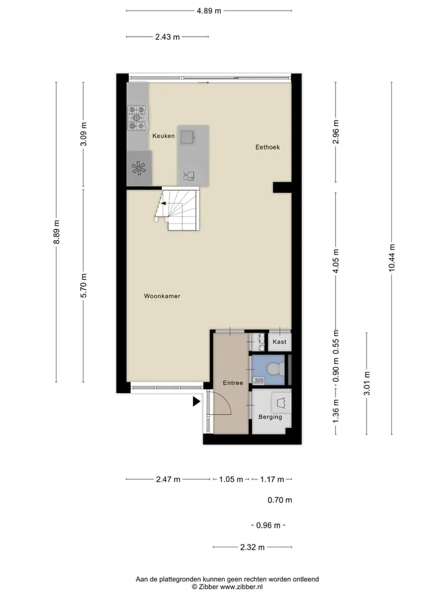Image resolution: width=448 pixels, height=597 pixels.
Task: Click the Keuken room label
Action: point(164,136)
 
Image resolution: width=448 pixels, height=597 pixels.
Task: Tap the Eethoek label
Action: point(268,147)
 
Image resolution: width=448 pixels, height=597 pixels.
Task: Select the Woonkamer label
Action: point(162,296)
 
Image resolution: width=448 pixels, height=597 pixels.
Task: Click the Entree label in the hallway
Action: point(233,383)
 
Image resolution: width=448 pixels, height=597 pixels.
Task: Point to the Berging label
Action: point(270,417)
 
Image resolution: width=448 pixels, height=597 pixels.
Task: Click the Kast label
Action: point(279,342)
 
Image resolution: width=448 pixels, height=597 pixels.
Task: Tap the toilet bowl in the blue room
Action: point(275,369)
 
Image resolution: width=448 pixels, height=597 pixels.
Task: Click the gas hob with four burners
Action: point(138,118)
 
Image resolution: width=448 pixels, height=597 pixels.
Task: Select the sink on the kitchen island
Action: point(188,137)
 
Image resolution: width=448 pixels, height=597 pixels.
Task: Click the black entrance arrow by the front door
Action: point(196,401)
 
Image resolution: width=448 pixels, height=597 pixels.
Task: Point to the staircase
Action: point(177,209)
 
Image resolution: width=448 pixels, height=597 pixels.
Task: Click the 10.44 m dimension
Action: point(391,257)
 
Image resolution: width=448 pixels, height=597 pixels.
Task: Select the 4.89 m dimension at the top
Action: point(209,11)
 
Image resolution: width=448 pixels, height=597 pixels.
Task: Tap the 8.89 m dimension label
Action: point(57,232)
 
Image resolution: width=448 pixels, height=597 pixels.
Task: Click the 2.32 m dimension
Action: point(252,547)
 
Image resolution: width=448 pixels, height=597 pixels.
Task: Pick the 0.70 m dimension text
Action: point(279,500)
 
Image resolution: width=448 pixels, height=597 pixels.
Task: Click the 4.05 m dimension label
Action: point(335,261)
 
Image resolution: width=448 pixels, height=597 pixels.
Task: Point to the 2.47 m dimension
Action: point(168,479)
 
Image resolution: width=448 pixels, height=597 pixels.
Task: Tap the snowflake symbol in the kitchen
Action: point(139,169)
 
